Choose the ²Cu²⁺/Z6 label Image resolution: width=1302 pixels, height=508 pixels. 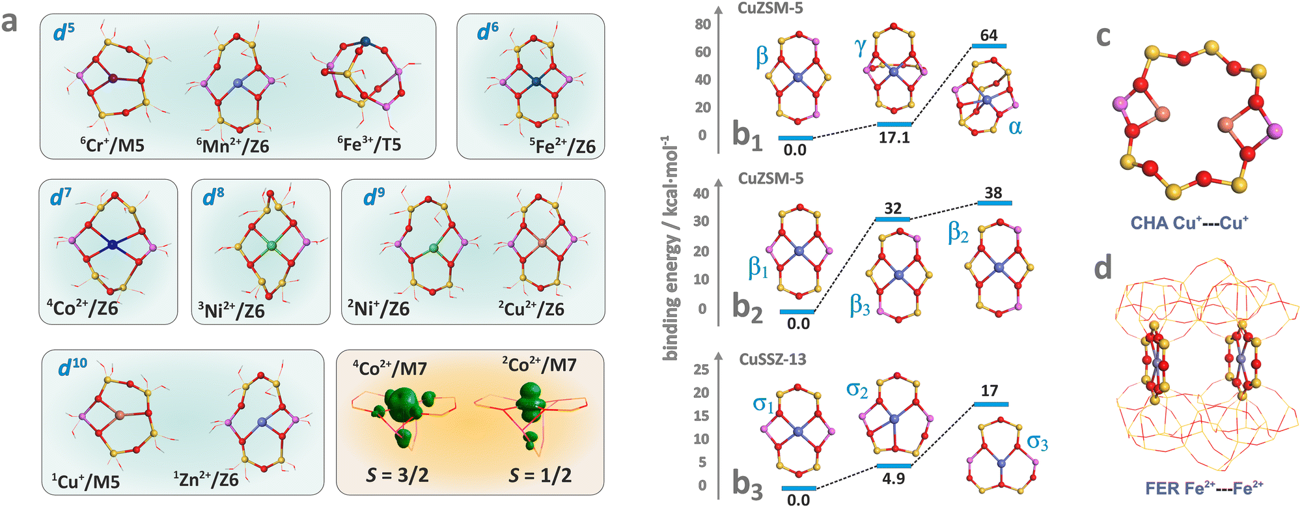pyautogui.click(x=531, y=308)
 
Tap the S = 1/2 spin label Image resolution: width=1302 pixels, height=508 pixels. pyautogui.click(x=540, y=475)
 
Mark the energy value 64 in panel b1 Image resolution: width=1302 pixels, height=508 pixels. pyautogui.click(x=988, y=35)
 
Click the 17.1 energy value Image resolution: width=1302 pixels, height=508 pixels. pyautogui.click(x=894, y=137)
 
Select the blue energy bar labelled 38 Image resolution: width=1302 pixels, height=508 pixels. pyautogui.click(x=994, y=203)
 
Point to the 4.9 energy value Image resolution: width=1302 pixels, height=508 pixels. pyautogui.click(x=893, y=479)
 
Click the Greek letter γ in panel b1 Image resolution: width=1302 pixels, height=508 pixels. pyautogui.click(x=861, y=47)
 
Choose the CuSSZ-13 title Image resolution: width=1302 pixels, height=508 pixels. pyautogui.click(x=772, y=360)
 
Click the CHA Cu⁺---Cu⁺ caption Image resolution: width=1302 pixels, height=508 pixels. pyautogui.click(x=1189, y=223)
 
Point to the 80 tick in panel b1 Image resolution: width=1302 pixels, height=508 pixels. pyautogui.click(x=702, y=25)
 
